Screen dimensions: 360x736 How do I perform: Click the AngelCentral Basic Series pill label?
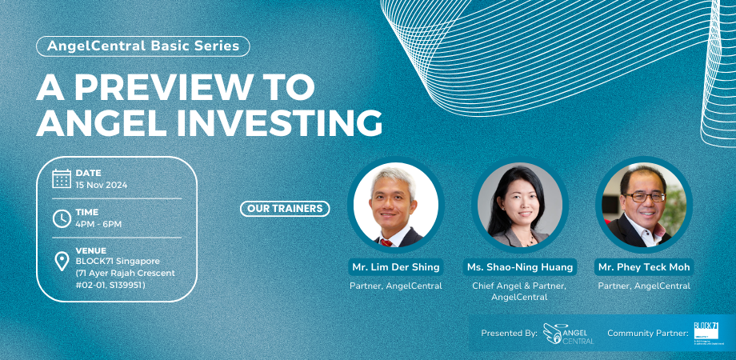[143, 46]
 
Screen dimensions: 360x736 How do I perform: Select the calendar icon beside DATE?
[62, 178]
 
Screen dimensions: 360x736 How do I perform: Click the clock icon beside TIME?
[62, 218]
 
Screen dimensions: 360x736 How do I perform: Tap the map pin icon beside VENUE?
[62, 262]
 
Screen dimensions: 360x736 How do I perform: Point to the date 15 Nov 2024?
[102, 185]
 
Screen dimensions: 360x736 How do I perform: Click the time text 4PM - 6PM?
[98, 224]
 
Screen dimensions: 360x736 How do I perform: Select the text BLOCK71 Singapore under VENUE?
[118, 262]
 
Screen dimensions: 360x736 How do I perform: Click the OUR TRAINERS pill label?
[285, 209]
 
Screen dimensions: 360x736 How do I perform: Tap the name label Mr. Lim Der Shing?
[396, 266]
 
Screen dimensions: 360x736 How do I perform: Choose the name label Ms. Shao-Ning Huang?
[520, 266]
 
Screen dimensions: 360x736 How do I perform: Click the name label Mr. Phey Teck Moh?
[644, 266]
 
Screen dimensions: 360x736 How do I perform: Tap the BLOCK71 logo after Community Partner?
[706, 332]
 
